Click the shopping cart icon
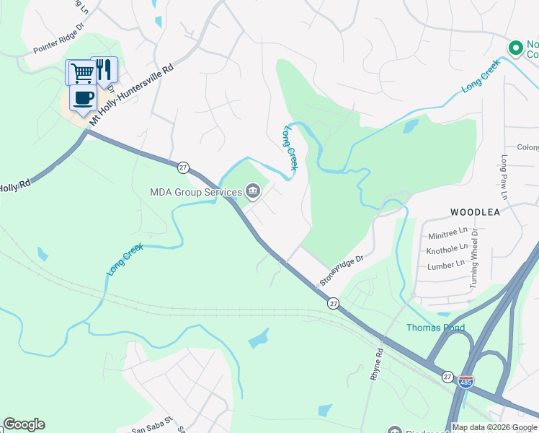tap(80, 71)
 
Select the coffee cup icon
tap(83, 97)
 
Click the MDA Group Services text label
tap(195, 192)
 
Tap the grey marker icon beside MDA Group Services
tap(253, 191)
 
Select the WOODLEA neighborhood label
tap(475, 212)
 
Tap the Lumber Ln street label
tap(445, 264)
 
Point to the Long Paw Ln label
tap(504, 177)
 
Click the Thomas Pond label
tap(435, 328)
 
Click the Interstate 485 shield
tap(465, 380)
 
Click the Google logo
tap(24, 424)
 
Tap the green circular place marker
tap(515, 48)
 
